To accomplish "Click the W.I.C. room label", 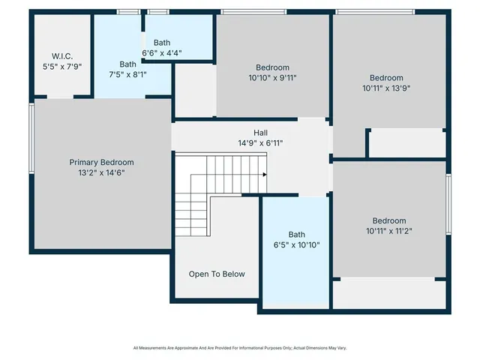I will pos(61,56).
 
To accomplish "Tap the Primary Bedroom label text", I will pos(101,162).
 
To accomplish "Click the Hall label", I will pos(260,132).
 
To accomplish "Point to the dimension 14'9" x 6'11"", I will pos(260,142).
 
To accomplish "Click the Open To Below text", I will pos(217,274).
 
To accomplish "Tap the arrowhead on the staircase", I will pos(265,174).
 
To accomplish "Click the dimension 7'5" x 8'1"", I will pos(128,75).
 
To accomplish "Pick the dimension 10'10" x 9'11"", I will pos(272,77).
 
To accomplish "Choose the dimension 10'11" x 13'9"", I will pos(386,88).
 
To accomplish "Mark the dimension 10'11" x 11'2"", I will pos(389,231).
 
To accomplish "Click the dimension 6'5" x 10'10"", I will pos(297,244).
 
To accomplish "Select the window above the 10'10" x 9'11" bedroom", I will pos(253,11).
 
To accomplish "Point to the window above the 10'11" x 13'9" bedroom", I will pos(375,11).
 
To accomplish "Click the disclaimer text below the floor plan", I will pos(240,348).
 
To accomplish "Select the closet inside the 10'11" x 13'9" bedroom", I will pos(407,143).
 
